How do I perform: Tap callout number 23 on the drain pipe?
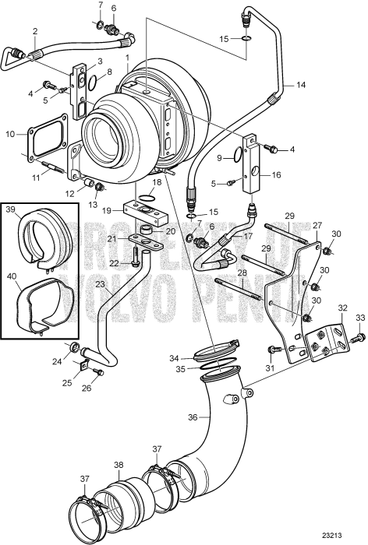pos(101,285)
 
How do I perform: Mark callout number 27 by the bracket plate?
pos(317,225)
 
